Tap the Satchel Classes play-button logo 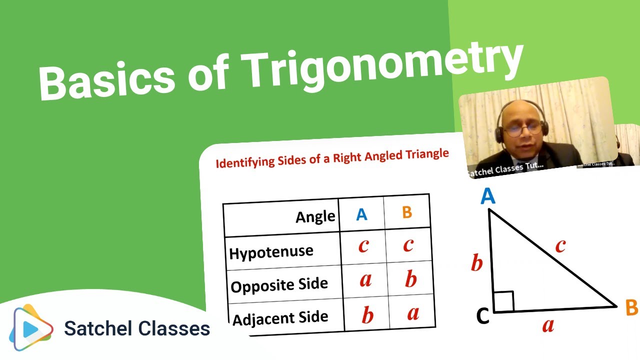pos(33,328)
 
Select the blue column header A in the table pos(361,214)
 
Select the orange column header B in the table pos(407,212)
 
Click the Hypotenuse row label pos(271,251)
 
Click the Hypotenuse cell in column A pos(363,246)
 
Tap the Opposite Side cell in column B pos(410,279)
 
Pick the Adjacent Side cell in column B pos(412,313)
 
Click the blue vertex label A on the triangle pos(487,196)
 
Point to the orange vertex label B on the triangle pos(631,308)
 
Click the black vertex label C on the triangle pos(482,316)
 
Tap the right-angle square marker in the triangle pos(503,302)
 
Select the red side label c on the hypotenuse pos(560,245)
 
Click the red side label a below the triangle pos(548,326)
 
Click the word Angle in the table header pos(315,216)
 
